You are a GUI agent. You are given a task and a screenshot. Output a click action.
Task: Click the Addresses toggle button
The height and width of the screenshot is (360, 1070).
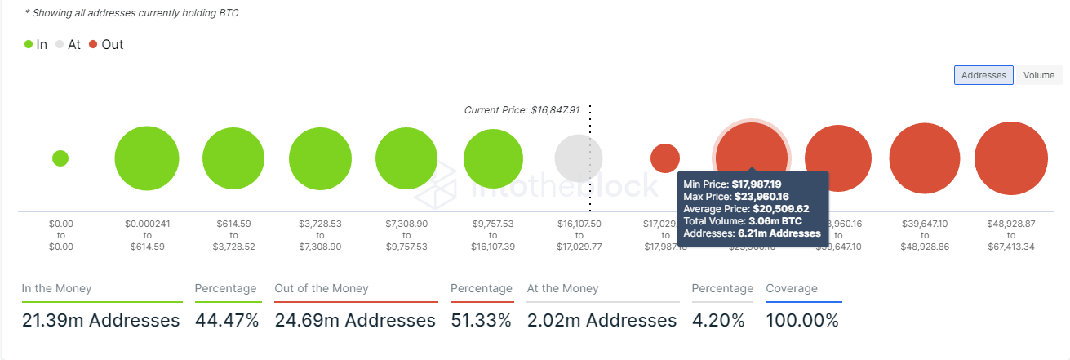(x=983, y=75)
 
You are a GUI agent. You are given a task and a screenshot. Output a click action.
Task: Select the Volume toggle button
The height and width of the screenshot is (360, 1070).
(x=1039, y=75)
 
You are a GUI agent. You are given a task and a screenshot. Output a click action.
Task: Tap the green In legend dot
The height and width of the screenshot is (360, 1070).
(x=29, y=45)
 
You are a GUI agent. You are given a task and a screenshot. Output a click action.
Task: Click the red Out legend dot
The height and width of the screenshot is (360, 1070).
(x=94, y=45)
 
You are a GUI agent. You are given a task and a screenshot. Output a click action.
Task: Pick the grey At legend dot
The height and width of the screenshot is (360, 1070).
(x=60, y=45)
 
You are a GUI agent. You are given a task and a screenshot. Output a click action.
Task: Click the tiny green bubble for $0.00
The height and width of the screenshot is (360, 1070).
(x=60, y=158)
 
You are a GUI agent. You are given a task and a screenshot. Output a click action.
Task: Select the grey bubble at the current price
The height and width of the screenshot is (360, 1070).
(x=579, y=158)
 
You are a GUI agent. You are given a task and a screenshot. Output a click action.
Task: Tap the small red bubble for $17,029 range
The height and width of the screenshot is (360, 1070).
(x=665, y=158)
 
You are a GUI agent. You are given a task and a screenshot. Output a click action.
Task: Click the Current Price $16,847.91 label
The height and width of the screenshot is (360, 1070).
(x=522, y=109)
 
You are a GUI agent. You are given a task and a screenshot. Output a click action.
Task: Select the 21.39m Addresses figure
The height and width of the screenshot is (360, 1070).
(x=100, y=321)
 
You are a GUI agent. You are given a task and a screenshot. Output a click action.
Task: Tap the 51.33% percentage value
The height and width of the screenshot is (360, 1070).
(x=481, y=321)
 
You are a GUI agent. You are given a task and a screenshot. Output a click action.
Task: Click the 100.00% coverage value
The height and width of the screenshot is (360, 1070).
(x=801, y=321)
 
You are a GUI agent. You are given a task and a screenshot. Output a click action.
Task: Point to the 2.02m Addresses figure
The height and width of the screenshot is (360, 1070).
(x=602, y=321)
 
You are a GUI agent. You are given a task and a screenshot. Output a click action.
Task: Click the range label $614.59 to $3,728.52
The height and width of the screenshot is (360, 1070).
(x=233, y=234)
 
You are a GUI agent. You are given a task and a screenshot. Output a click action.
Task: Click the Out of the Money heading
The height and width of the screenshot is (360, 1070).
(x=322, y=288)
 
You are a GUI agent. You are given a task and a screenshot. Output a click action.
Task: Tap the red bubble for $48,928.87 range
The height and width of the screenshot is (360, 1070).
(x=1010, y=158)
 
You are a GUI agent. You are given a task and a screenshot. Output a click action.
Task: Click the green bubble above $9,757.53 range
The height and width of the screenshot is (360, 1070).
(x=493, y=158)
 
